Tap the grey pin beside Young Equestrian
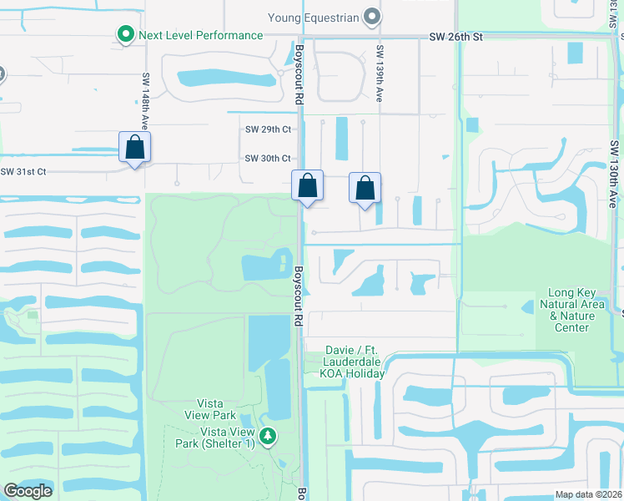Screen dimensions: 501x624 (x=372, y=17)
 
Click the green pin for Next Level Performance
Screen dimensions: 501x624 (x=125, y=35)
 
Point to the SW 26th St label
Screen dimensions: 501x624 (x=456, y=38)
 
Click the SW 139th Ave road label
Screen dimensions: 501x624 (x=380, y=73)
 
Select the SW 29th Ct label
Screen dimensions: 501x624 (x=268, y=129)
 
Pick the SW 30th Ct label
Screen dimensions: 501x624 (x=268, y=159)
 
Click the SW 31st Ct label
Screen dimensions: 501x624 (x=23, y=172)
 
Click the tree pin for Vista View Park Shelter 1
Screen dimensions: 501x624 (x=267, y=437)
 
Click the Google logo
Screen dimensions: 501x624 (x=28, y=491)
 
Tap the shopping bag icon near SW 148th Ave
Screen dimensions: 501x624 (x=134, y=148)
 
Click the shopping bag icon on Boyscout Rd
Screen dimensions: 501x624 (x=307, y=185)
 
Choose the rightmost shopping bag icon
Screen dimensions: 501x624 (x=365, y=188)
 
